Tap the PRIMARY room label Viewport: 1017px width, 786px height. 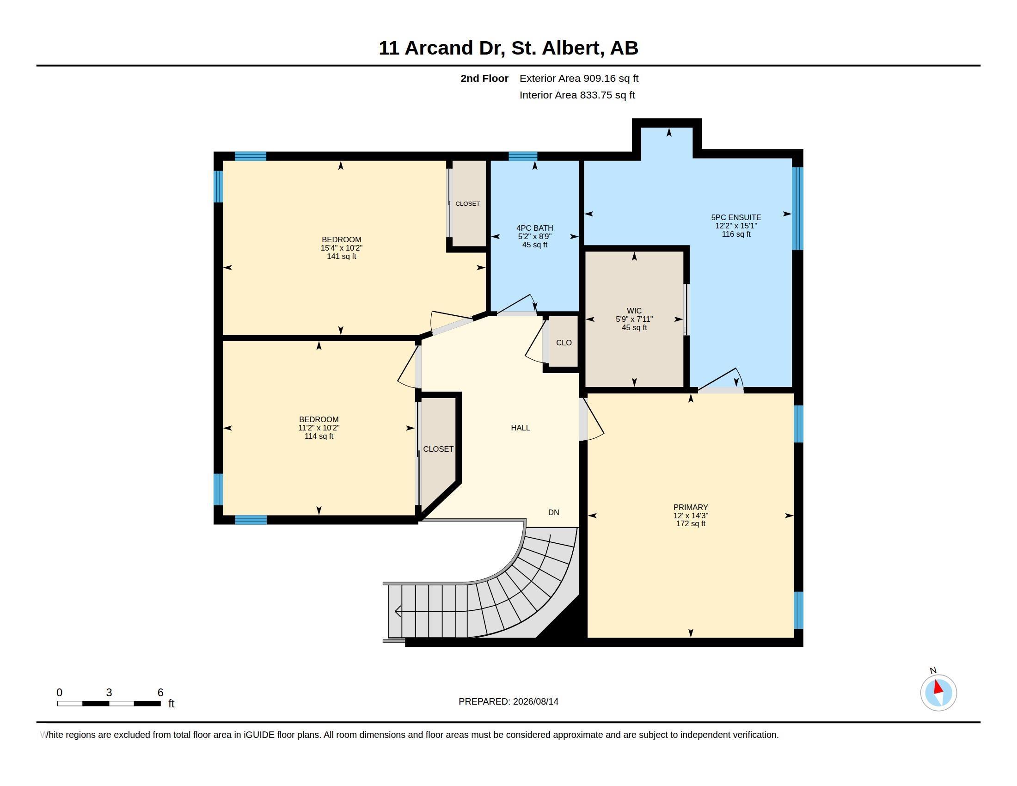[x=691, y=507]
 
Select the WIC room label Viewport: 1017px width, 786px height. [x=634, y=311]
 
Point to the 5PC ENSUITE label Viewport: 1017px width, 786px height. [x=736, y=217]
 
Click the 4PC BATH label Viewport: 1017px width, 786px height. [x=534, y=228]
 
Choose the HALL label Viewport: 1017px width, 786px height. [x=520, y=428]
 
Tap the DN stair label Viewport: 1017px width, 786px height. [x=554, y=513]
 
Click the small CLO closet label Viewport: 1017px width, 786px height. [x=564, y=343]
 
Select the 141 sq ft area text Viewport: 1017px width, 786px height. [x=341, y=257]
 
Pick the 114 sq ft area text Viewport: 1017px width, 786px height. [x=319, y=436]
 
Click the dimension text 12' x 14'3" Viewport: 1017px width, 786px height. [x=691, y=516]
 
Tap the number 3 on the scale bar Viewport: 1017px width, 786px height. [x=109, y=693]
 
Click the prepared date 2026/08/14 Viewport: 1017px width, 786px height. [x=535, y=701]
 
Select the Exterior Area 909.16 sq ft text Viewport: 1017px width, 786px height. [x=579, y=78]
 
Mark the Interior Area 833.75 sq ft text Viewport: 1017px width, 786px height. [x=577, y=95]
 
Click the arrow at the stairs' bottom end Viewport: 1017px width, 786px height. [x=398, y=611]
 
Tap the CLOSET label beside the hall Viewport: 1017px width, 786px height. [x=438, y=449]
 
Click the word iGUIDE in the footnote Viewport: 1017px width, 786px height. [x=259, y=735]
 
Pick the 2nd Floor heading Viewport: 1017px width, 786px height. [x=484, y=78]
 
